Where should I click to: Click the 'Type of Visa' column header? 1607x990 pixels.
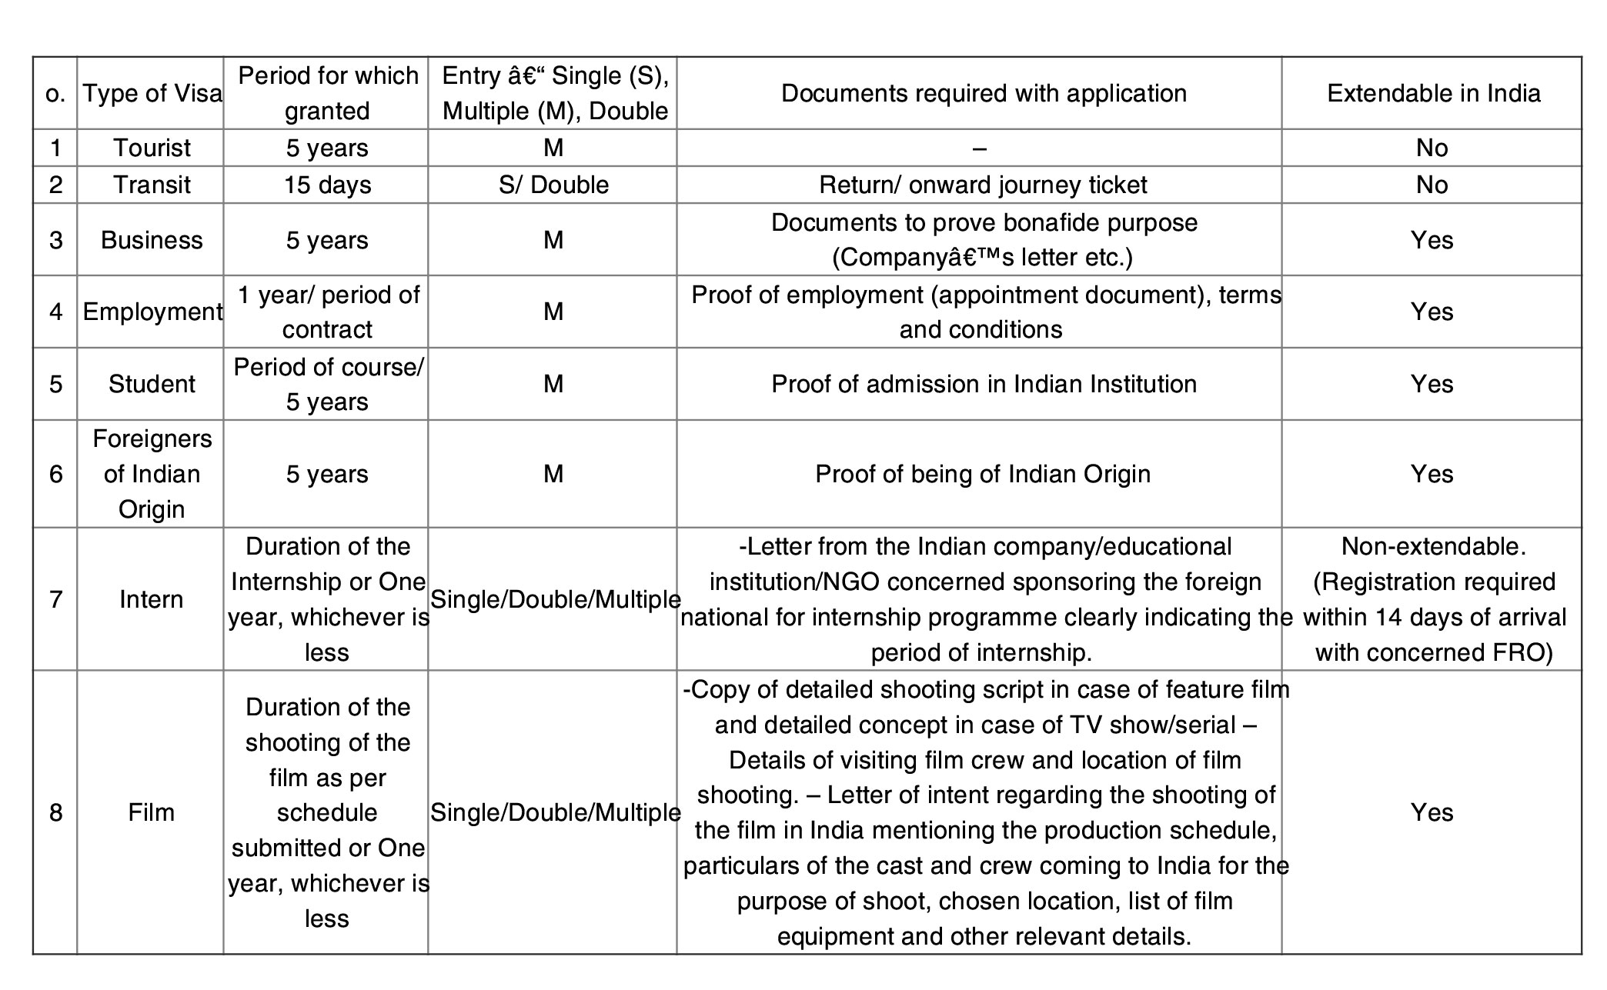[x=152, y=93]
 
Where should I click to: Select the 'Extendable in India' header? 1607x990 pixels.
[x=1433, y=93]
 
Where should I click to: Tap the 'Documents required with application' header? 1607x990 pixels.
[x=984, y=93]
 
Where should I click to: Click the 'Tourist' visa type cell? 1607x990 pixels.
[x=152, y=148]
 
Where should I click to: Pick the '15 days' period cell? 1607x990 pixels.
[x=327, y=185]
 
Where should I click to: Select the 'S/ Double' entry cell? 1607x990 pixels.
[x=553, y=185]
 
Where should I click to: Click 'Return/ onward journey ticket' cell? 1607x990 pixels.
[x=983, y=185]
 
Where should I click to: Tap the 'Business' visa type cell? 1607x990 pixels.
[x=152, y=240]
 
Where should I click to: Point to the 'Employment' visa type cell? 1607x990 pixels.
[x=152, y=312]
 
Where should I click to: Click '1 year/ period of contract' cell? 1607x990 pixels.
[x=327, y=312]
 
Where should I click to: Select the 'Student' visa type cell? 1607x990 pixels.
[x=152, y=384]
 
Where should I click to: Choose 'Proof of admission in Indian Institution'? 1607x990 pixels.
[x=984, y=384]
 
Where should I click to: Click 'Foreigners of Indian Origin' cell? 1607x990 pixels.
[x=152, y=474]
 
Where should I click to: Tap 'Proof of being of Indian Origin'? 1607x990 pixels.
[x=983, y=474]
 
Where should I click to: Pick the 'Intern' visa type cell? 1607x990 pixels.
[x=152, y=599]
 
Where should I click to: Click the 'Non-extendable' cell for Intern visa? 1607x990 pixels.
[x=1433, y=599]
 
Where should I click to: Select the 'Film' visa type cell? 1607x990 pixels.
[x=152, y=812]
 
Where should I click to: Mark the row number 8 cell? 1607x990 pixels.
[x=55, y=812]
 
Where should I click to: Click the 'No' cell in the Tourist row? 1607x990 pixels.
[x=1432, y=148]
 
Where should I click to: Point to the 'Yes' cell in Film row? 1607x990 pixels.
[x=1432, y=812]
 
